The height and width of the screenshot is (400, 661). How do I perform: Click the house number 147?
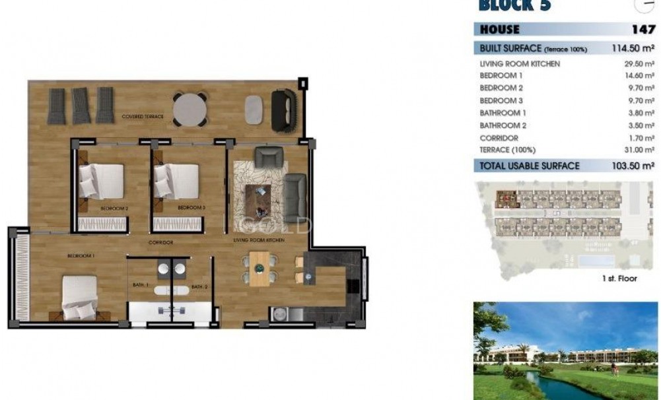tap(643, 30)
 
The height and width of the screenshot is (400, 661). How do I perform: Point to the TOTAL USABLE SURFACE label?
tap(530, 166)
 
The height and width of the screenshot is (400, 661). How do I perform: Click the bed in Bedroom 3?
tap(176, 180)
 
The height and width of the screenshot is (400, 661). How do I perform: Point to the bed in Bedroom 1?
tap(79, 297)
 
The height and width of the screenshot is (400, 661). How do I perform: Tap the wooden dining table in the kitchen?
tap(260, 268)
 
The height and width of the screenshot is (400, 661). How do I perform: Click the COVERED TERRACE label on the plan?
tap(143, 117)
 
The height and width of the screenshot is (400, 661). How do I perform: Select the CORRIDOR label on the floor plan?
tap(160, 243)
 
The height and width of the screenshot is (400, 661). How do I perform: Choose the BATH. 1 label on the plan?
tap(141, 286)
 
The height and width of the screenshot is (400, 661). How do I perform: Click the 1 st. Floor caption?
tap(619, 279)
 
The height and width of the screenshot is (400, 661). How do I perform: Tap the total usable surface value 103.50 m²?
tap(633, 166)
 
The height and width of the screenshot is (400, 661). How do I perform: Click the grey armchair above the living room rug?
tap(269, 157)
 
